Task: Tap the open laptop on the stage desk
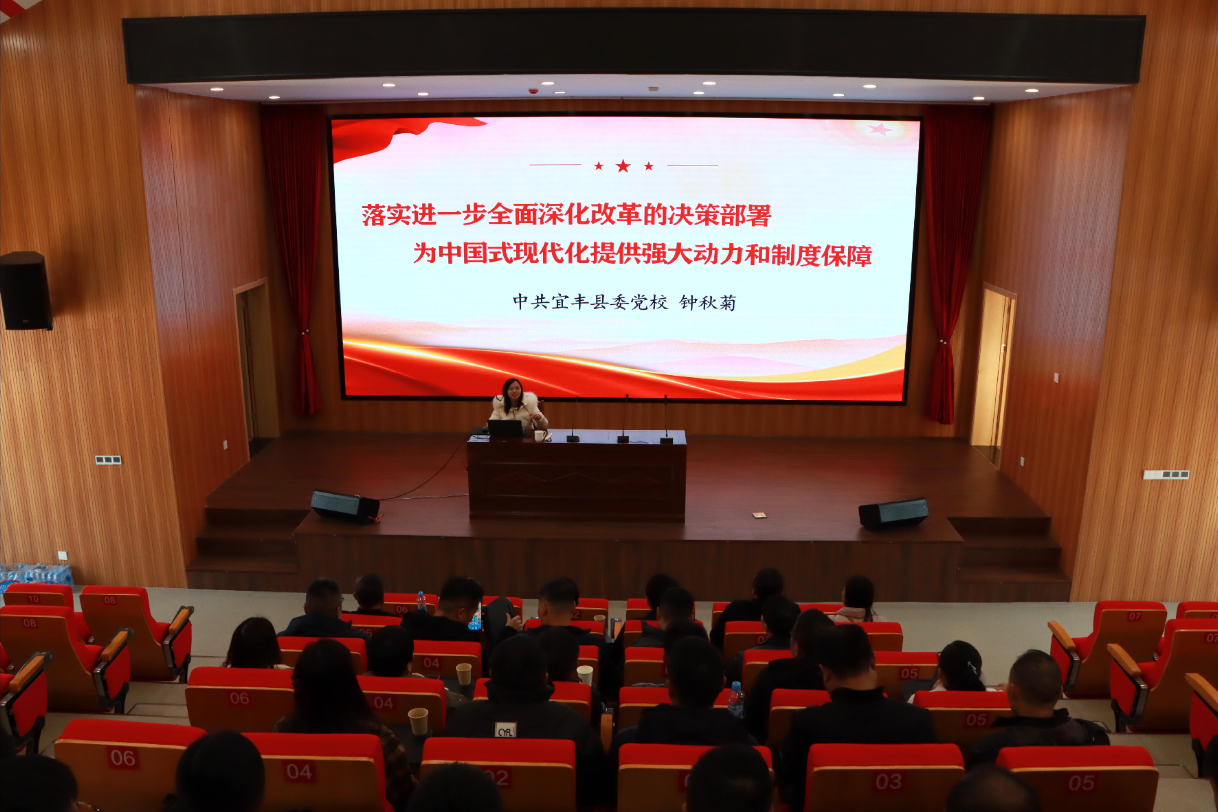(505, 428)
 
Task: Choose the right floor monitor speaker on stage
(893, 513)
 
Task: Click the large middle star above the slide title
(623, 166)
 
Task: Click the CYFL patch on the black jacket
(505, 730)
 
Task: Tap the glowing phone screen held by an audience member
(475, 619)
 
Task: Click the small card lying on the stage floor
(759, 515)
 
